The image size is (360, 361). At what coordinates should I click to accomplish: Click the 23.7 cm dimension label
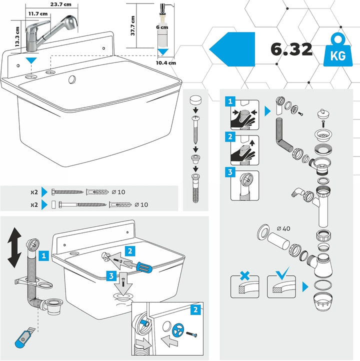61,4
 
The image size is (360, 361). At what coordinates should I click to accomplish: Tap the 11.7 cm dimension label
38,14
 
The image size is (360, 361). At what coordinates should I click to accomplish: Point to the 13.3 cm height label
17,37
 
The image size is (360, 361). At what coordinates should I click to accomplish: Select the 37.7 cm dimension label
133,25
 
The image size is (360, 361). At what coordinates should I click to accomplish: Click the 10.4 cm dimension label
165,63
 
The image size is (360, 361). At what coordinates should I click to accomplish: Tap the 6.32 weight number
291,49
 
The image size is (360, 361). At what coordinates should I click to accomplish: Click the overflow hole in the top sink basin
72,79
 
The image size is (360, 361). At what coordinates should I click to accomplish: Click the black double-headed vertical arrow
14,247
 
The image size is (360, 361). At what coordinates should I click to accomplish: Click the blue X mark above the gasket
244,275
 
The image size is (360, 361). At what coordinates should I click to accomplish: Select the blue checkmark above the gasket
282,273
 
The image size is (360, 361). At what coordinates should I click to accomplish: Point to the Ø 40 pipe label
283,228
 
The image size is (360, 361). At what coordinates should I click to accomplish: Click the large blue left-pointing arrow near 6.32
232,49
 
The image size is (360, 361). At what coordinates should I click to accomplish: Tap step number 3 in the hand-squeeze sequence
230,172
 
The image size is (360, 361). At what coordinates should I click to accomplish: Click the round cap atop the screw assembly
195,100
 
